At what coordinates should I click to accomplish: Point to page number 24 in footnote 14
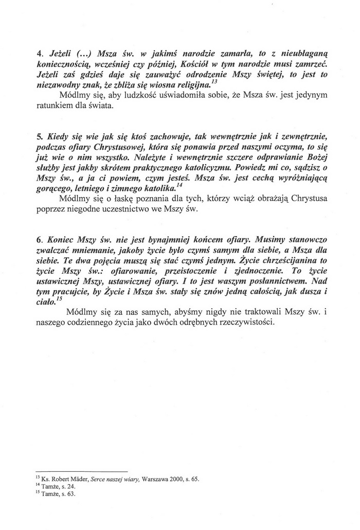tap(65, 486)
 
